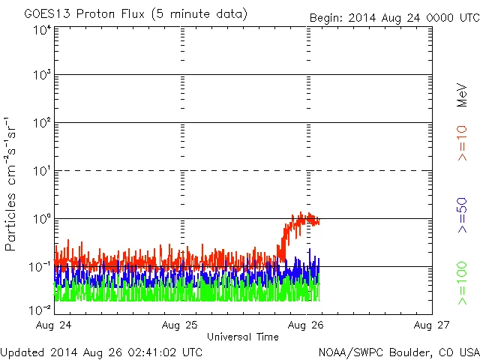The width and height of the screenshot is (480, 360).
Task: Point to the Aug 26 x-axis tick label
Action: tap(307, 325)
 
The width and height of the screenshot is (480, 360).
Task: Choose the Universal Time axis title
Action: tap(242, 337)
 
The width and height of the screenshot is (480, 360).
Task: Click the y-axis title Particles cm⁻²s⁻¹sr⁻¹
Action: tap(12, 183)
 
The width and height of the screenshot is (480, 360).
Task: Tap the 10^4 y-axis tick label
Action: tap(41, 30)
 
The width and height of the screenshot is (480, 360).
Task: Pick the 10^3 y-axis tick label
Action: tap(41, 76)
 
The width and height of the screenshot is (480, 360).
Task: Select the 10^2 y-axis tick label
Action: tap(41, 124)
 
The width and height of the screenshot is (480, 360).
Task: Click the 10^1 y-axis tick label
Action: tap(41, 172)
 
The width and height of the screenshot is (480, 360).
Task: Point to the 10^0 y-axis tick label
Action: tap(41, 220)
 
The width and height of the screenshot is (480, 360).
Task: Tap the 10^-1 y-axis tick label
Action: tap(40, 267)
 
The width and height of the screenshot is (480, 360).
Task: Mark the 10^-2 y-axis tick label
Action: tap(40, 309)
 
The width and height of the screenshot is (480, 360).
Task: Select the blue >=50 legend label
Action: tap(463, 216)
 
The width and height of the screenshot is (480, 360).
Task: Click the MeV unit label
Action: tap(463, 94)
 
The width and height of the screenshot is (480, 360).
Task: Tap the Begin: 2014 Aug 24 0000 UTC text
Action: tap(394, 17)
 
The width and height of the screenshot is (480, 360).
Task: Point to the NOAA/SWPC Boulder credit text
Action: tap(398, 351)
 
